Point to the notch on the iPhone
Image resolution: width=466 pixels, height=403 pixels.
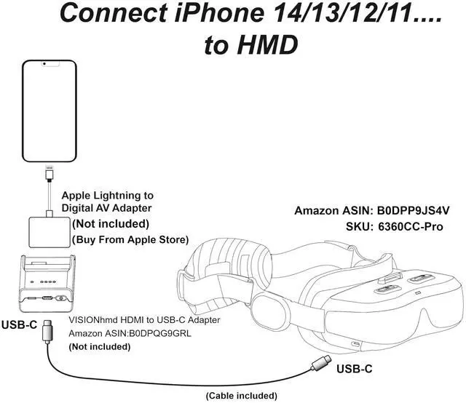(x=49, y=65)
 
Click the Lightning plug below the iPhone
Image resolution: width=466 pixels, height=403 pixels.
(x=50, y=177)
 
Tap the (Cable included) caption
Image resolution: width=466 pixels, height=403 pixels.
(x=241, y=395)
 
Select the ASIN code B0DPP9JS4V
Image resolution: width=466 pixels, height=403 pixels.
(x=411, y=211)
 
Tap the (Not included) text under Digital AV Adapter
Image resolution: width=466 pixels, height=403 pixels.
(x=109, y=224)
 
